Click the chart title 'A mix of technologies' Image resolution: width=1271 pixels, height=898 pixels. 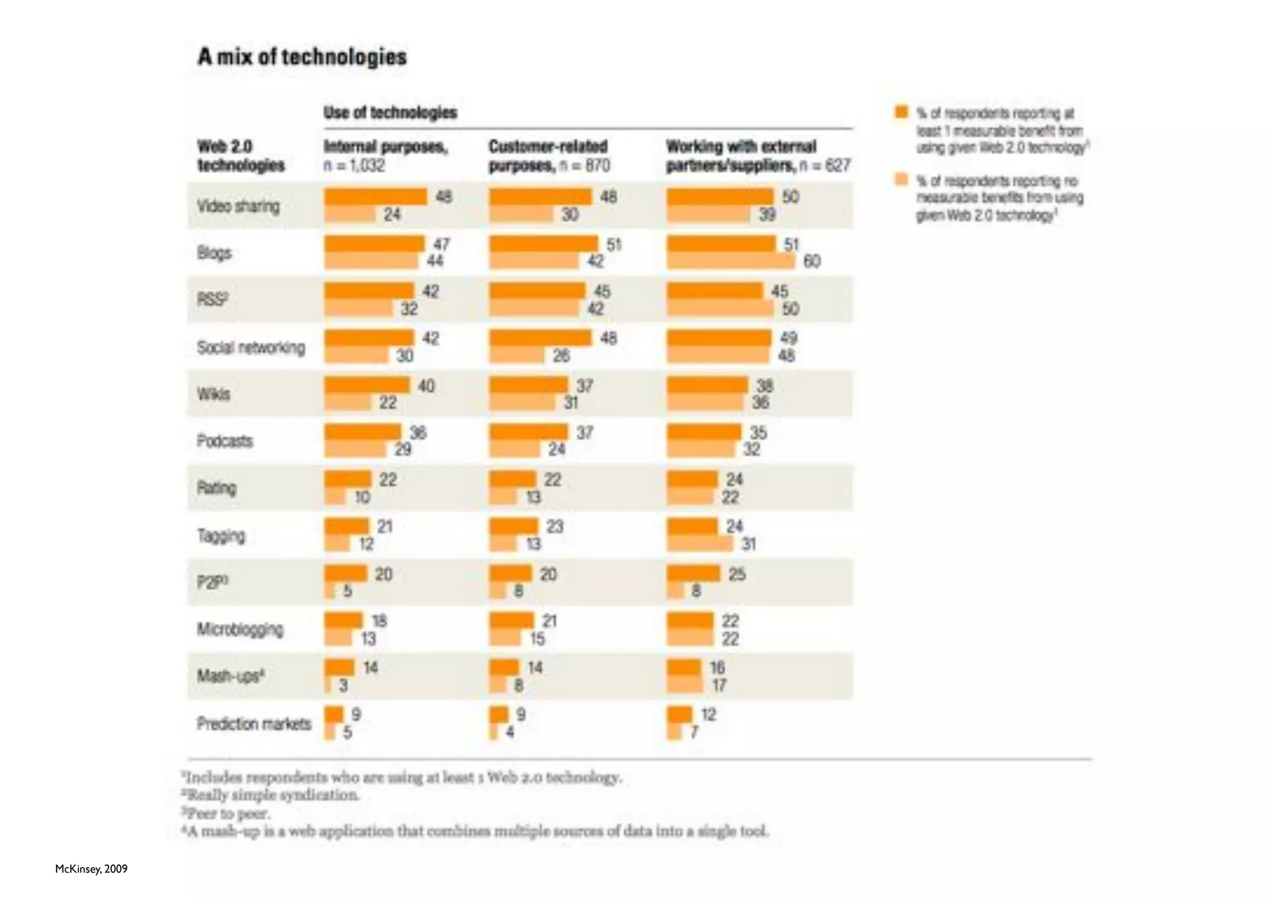[302, 57]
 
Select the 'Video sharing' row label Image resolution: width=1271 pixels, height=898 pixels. [238, 206]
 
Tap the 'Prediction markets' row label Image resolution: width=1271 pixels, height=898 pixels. [254, 724]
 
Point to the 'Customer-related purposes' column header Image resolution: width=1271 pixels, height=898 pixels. [549, 155]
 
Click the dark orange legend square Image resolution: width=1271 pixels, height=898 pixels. [901, 112]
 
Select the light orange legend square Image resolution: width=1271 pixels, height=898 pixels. [901, 180]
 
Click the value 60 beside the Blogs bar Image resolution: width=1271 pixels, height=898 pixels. [812, 261]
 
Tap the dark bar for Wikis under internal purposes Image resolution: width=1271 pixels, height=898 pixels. [367, 385]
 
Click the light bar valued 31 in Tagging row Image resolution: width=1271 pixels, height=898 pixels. [699, 544]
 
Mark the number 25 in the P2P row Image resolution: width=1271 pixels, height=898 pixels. [737, 574]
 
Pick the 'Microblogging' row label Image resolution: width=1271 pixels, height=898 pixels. [240, 629]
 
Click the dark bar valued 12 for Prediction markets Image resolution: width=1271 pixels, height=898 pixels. [679, 714]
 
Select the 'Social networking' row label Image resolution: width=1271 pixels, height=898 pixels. [251, 347]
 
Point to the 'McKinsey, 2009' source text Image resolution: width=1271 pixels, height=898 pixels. [91, 869]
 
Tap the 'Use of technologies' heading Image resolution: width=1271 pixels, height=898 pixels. [390, 113]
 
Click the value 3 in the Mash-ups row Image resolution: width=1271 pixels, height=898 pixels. [343, 685]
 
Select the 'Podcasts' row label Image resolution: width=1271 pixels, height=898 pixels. [225, 441]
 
